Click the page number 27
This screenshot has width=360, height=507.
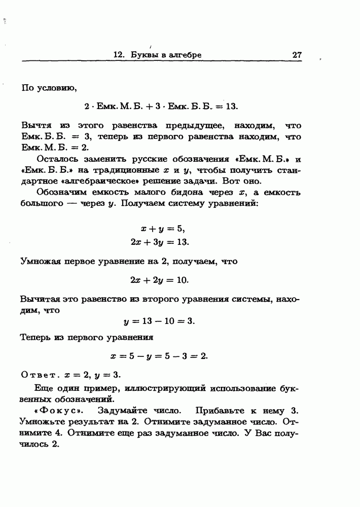tap(297, 54)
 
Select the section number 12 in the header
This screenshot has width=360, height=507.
tap(120, 54)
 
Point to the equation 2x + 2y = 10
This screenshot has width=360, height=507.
tap(159, 280)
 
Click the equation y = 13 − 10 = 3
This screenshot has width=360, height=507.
tap(159, 321)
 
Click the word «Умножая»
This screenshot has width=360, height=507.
tap(40, 262)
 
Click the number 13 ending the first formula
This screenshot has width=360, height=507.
tap(231, 107)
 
